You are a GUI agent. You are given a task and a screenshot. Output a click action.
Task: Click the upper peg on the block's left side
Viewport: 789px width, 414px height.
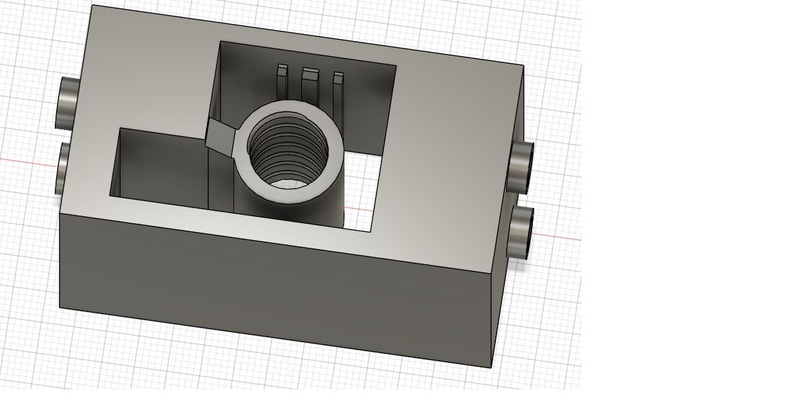pos(68,102)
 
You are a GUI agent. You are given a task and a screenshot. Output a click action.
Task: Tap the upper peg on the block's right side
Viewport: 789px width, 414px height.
pos(523,166)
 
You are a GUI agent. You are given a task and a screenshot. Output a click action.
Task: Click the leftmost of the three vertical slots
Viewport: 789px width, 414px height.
pos(281,81)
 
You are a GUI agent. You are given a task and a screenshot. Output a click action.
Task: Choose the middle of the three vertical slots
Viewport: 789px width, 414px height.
pos(310,86)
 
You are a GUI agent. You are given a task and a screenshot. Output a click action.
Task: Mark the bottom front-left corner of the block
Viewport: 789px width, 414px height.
pos(60,307)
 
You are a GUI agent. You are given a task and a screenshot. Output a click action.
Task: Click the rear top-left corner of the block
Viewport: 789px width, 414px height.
pos(92,5)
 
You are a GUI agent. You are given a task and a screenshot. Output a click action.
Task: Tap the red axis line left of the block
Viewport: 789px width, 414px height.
pos(27,161)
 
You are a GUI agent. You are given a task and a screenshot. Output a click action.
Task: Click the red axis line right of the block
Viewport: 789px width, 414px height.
pos(558,237)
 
